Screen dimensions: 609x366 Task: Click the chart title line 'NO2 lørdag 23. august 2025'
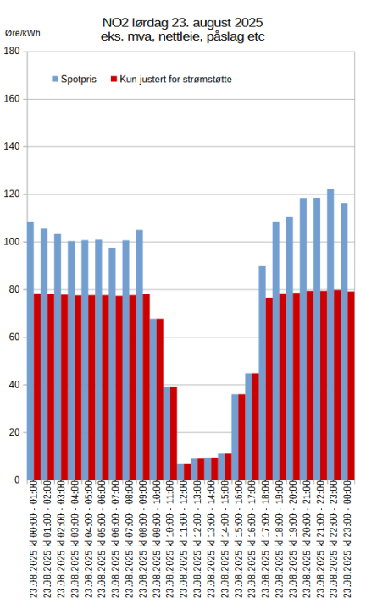tap(182, 24)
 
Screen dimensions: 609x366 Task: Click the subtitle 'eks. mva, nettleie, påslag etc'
tap(182, 37)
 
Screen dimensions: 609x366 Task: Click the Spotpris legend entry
tap(76, 79)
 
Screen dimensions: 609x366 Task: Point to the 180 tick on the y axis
tap(12, 52)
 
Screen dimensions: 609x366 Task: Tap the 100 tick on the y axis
tap(12, 242)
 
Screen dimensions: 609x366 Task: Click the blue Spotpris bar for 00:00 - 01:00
tap(30, 351)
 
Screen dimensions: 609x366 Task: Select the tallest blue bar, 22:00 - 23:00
tap(330, 334)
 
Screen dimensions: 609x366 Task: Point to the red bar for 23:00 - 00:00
tap(351, 386)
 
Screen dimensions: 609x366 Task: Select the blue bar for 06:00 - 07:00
tap(112, 364)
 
